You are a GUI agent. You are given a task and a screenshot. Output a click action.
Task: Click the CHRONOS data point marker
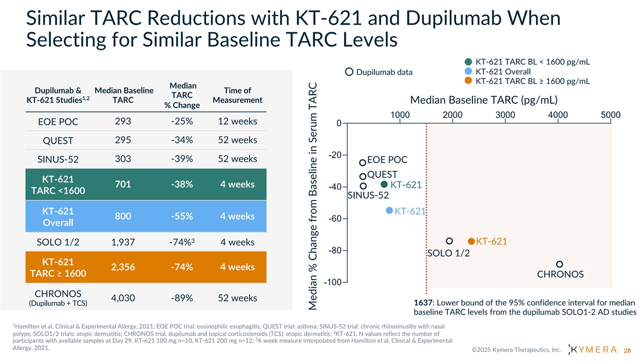coord(560,264)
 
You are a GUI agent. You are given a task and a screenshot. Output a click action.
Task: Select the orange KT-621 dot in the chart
coord(471,241)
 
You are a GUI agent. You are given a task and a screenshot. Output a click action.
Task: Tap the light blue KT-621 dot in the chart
coord(390,210)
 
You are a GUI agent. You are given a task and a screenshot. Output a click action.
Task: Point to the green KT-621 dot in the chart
coord(384,184)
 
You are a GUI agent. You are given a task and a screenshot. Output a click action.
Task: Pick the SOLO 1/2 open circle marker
coord(450,241)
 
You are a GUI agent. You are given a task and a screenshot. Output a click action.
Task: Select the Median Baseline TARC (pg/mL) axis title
coord(483,101)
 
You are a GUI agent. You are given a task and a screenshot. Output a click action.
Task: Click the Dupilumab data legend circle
coord(349,72)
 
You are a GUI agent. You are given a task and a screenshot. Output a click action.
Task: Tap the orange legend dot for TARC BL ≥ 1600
coord(468,81)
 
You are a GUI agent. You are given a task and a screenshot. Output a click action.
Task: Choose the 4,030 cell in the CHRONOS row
coord(127,298)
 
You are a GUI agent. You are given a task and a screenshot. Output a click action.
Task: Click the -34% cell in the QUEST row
coord(182,140)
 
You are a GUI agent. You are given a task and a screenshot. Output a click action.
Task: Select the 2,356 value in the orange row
coord(127,267)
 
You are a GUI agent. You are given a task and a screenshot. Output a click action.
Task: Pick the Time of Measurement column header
coord(238,95)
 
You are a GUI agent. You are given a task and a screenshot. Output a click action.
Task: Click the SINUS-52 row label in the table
coord(58,159)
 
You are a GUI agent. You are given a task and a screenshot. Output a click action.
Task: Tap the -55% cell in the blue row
coord(182,216)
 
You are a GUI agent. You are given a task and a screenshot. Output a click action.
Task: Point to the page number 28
coord(627,351)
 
